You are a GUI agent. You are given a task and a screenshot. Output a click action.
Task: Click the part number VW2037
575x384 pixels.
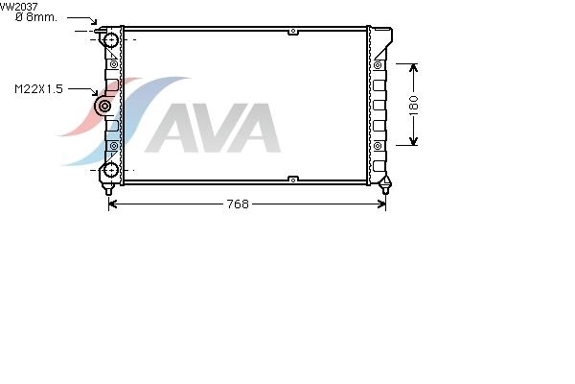[19, 7]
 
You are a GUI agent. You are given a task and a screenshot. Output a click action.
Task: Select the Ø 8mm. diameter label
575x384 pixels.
[36, 17]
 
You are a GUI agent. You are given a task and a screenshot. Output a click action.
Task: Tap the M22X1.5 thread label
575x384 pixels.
[38, 89]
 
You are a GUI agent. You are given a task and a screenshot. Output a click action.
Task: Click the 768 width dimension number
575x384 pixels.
[238, 204]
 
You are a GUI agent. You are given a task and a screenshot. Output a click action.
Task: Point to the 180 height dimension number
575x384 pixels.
[413, 105]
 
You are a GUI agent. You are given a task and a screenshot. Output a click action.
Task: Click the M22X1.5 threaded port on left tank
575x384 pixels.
[104, 107]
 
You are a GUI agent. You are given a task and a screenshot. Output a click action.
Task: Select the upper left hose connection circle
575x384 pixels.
[110, 39]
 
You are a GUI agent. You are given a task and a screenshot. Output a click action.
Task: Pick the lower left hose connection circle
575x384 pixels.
[110, 170]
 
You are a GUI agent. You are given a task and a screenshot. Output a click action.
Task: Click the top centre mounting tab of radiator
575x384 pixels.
[293, 32]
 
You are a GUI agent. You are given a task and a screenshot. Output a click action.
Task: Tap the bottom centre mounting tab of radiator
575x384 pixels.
[293, 180]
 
